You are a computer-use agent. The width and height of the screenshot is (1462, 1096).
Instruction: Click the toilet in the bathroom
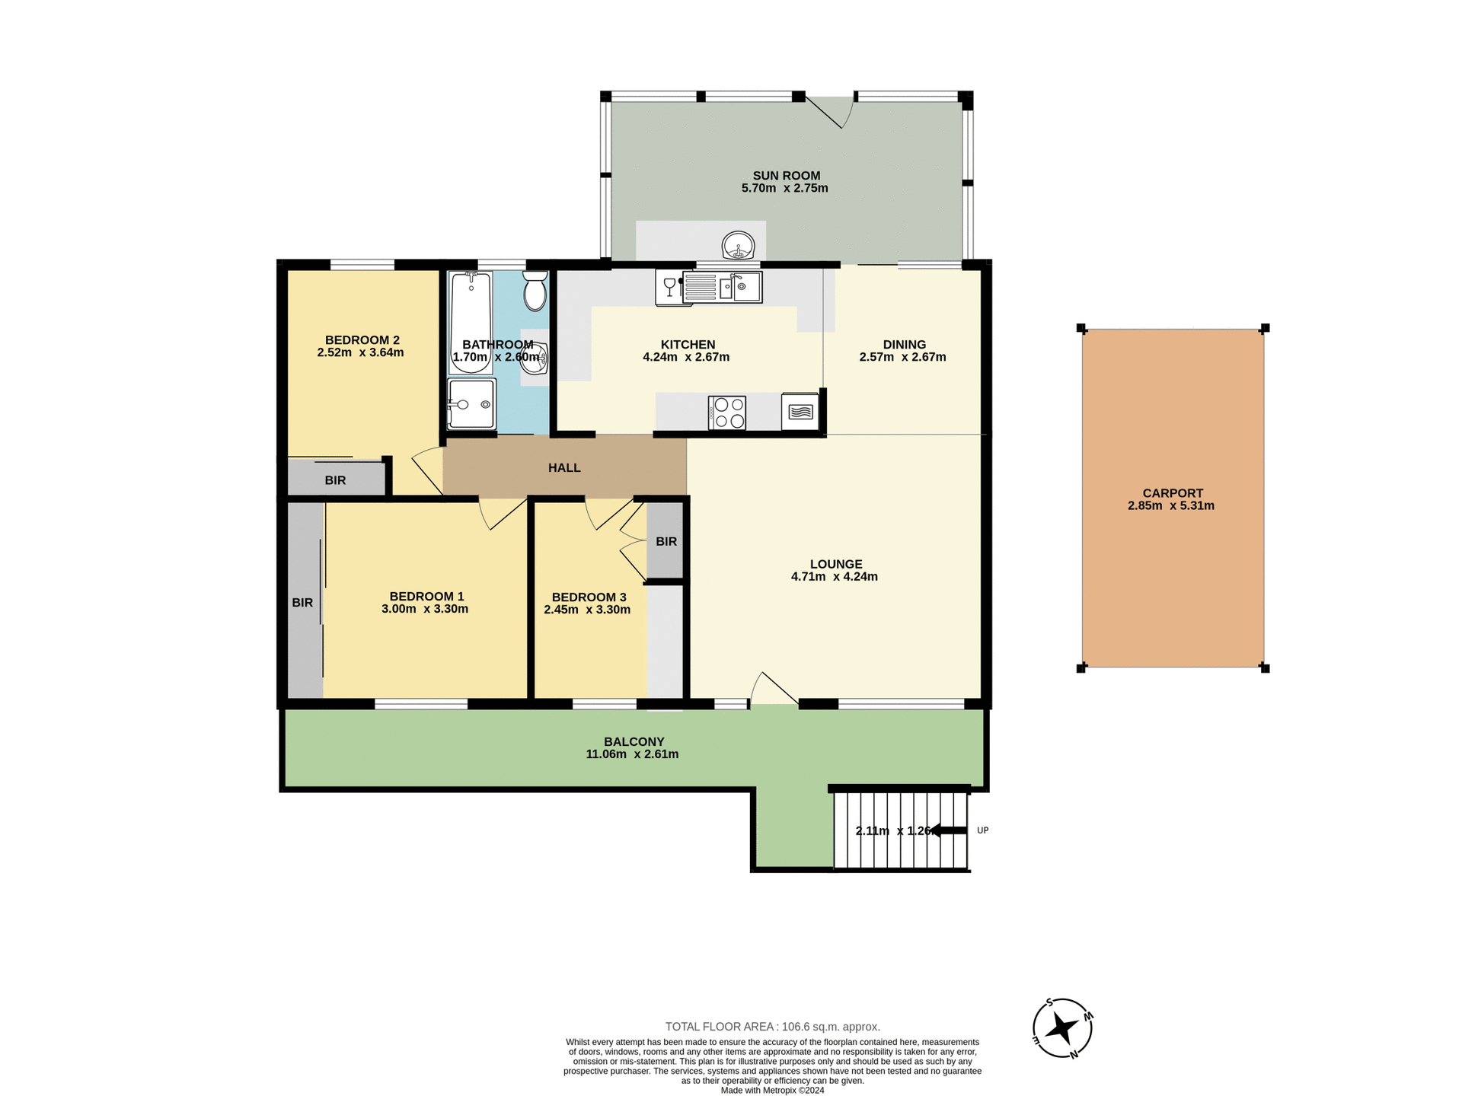[535, 292]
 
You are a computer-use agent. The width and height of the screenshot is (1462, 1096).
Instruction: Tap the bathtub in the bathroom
[471, 323]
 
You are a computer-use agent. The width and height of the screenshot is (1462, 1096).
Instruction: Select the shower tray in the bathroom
[471, 404]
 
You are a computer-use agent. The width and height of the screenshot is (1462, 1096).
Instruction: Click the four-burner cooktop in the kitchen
[726, 413]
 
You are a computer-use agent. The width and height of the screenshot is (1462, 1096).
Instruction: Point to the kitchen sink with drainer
[722, 287]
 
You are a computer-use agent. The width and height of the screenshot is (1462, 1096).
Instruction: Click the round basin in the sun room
[738, 246]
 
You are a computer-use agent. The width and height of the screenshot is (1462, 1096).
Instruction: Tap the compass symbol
[1062, 1028]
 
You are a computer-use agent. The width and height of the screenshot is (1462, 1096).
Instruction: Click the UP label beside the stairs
[982, 830]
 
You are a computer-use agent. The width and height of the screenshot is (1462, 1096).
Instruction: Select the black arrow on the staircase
[947, 830]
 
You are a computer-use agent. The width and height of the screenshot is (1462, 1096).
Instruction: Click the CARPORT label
[1173, 493]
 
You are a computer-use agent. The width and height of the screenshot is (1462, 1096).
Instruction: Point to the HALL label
[564, 468]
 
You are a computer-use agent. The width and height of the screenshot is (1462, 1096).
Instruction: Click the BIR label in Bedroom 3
[666, 542]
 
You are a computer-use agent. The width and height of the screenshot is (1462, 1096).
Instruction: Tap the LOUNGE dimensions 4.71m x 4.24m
[834, 577]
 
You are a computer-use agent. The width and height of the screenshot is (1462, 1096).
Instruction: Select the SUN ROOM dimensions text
[784, 188]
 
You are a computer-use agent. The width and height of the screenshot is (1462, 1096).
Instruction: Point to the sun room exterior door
[830, 113]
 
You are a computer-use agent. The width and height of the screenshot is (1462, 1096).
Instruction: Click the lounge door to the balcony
[774, 690]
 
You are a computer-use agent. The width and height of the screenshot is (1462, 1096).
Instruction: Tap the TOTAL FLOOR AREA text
[772, 1027]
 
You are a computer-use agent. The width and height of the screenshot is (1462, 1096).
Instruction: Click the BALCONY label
[634, 741]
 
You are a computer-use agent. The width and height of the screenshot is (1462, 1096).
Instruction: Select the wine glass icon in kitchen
[669, 286]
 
